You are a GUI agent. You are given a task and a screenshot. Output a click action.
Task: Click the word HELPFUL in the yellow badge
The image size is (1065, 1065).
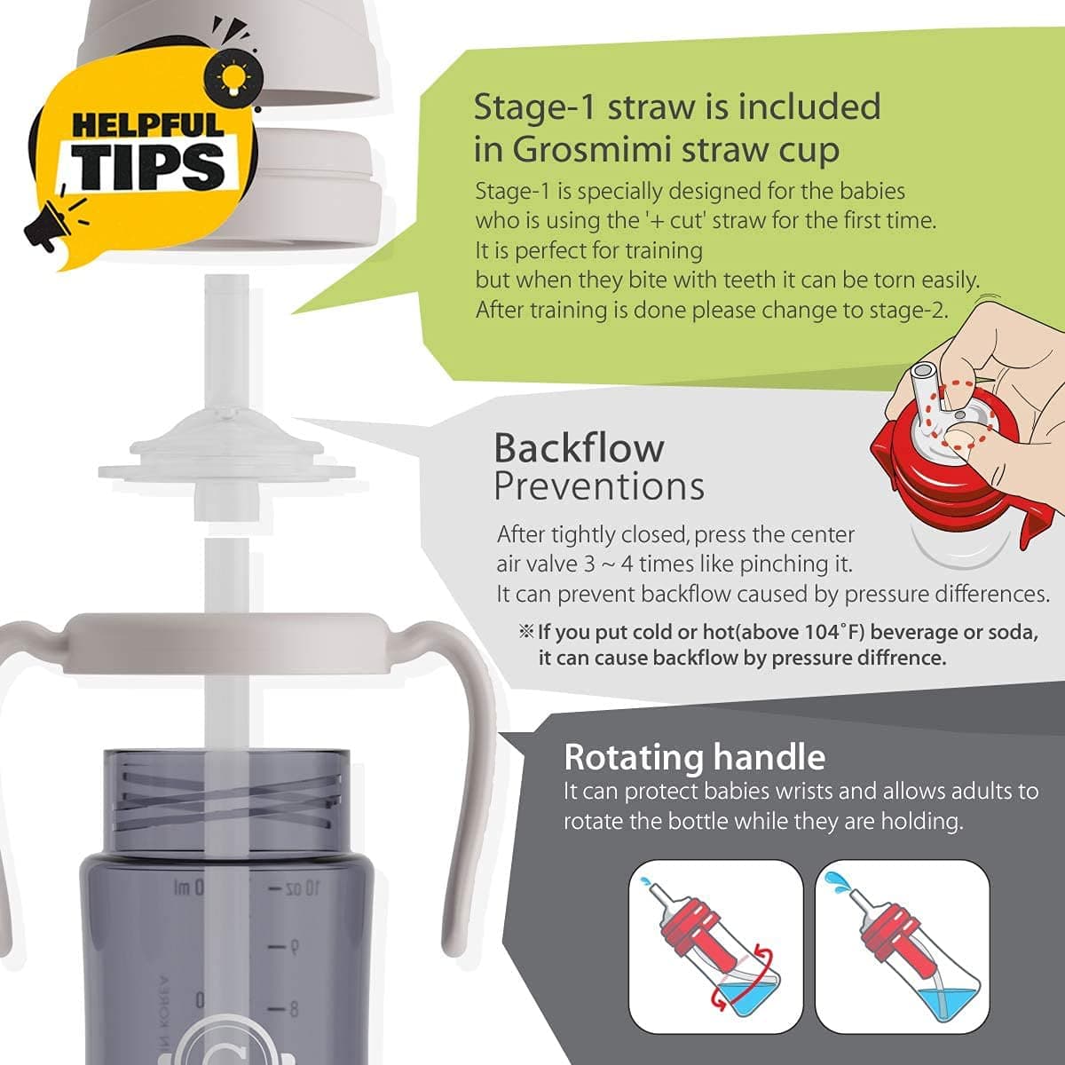(x=148, y=123)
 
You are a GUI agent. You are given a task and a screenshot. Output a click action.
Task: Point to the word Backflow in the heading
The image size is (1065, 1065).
(x=579, y=448)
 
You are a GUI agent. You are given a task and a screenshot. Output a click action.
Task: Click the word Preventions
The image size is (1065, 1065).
(x=598, y=486)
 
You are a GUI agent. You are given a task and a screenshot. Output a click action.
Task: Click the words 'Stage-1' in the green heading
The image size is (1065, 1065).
(x=534, y=106)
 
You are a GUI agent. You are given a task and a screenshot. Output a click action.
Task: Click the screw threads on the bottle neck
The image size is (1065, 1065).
(x=226, y=799)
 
